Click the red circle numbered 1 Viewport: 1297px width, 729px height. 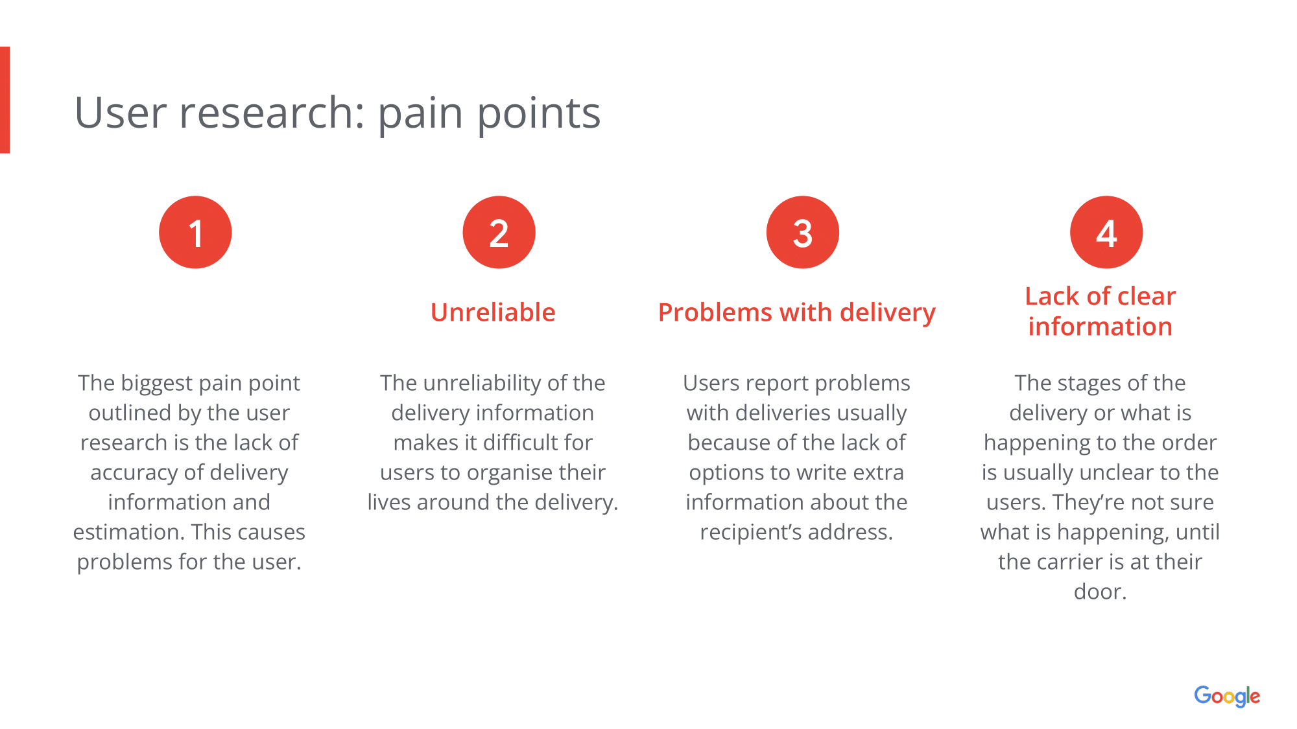coord(195,232)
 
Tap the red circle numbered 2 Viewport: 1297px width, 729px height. coord(499,232)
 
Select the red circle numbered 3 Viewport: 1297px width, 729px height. coord(802,232)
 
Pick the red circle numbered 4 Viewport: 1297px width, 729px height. coord(1106,232)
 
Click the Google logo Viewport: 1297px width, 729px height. coord(1227,696)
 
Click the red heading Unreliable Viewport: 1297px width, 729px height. coord(493,312)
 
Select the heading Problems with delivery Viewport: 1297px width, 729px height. coord(796,312)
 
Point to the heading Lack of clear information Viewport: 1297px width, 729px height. coord(1100,312)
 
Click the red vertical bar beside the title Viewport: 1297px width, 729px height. coord(5,100)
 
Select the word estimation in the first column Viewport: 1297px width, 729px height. coord(128,532)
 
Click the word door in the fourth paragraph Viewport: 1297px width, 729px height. coord(1097,592)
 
